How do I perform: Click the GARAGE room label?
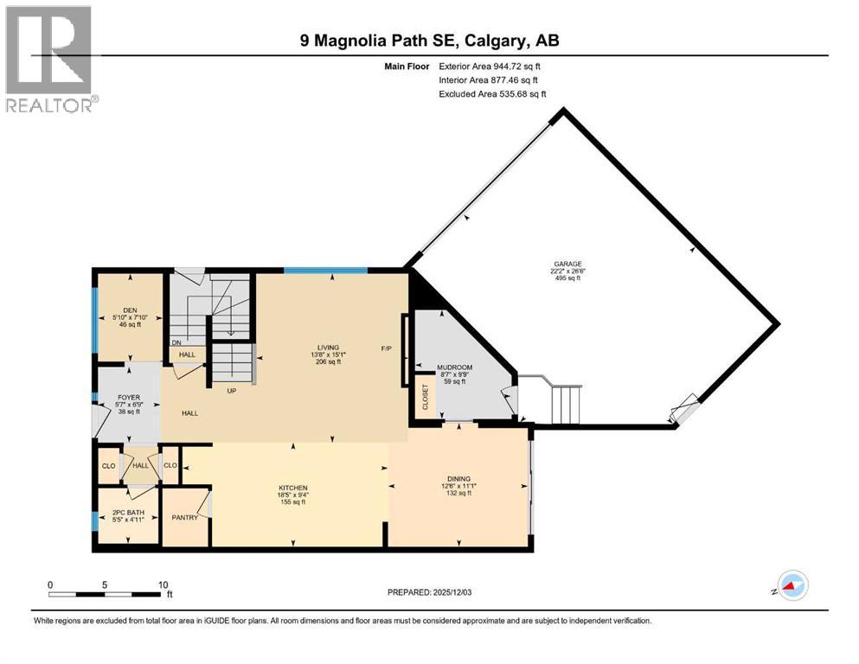[568, 264]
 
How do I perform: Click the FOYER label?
[127, 398]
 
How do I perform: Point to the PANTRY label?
[185, 518]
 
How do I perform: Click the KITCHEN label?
[293, 488]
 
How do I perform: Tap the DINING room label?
[458, 478]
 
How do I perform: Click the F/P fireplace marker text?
[387, 349]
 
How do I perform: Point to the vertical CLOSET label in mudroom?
[425, 396]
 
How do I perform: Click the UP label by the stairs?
[231, 390]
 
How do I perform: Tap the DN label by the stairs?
[176, 342]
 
